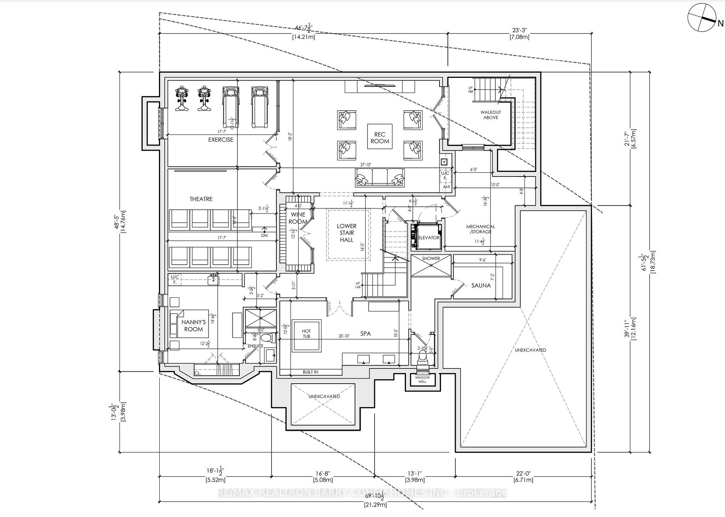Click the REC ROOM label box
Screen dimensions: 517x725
coord(379,138)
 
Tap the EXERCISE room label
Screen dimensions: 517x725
coord(221,140)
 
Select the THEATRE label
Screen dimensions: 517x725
coord(201,199)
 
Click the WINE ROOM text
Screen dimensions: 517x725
coord(298,218)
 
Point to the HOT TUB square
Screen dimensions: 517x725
coord(306,334)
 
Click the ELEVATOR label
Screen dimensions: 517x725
coord(429,238)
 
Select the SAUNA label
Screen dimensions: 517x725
coord(481,286)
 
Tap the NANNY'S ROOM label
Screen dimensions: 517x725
coord(193,326)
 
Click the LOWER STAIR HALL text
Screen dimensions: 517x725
coord(347,233)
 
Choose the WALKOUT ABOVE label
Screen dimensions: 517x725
coord(491,115)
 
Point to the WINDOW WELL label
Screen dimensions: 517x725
coord(422,379)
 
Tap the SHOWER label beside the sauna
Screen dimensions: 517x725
coord(431,258)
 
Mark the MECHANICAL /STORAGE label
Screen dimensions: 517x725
coord(480,229)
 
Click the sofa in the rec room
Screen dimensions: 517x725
coord(379,177)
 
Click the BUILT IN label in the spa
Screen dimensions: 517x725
coord(310,372)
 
